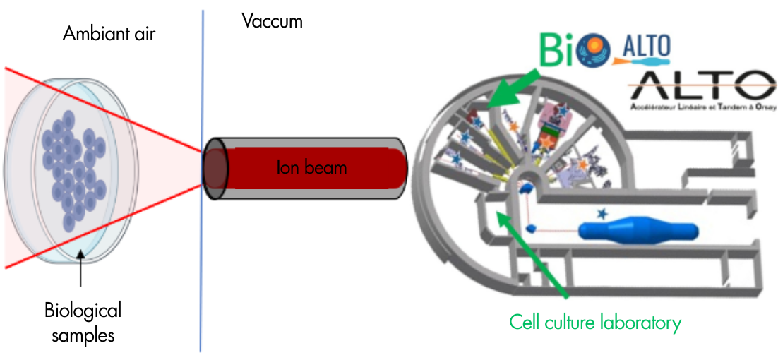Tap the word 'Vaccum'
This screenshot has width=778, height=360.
272,21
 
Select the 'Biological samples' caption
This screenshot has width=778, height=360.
83,321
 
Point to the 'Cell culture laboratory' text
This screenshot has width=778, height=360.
595,323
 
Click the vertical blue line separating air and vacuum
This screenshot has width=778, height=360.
202,282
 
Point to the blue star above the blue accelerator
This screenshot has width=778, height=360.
602,212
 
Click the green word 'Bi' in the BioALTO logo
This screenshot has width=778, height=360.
556,51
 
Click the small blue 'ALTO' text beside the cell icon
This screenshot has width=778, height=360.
646,48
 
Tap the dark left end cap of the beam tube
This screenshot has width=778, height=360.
215,168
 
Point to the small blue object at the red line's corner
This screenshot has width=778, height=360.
532,227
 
